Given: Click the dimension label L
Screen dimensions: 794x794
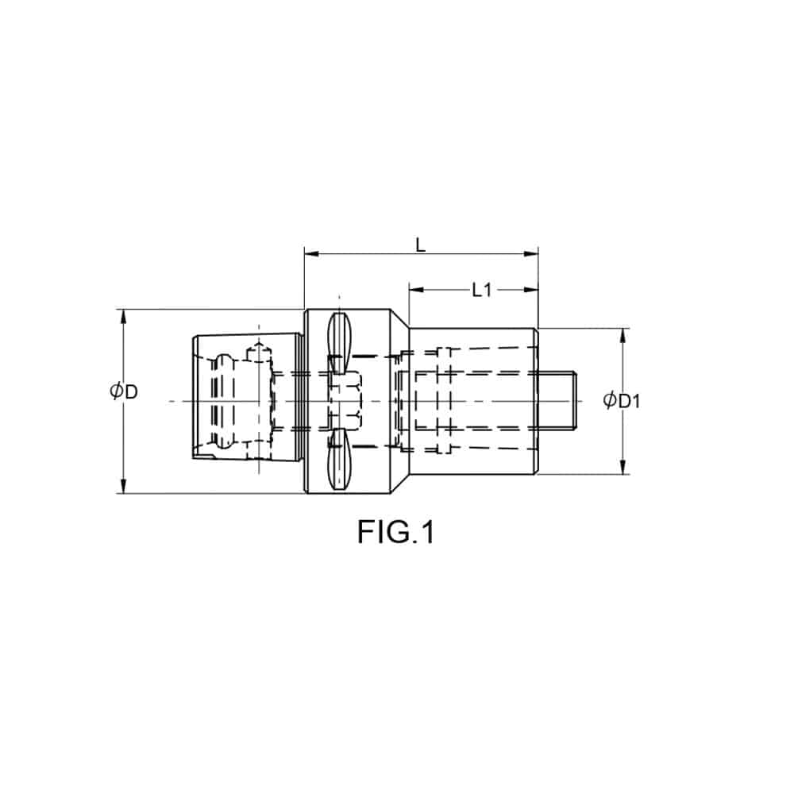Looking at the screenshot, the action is click(x=420, y=245).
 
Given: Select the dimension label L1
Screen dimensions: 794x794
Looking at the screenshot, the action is click(x=482, y=290).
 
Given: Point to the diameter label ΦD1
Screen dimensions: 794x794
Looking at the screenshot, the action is click(x=622, y=400).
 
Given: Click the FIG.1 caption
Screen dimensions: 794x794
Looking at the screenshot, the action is click(x=396, y=532).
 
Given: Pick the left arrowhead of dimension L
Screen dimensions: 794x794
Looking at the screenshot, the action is click(x=311, y=253).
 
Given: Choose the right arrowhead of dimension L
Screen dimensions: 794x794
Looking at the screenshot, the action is click(x=531, y=253).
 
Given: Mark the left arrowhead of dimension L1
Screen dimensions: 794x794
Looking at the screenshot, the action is click(x=416, y=290).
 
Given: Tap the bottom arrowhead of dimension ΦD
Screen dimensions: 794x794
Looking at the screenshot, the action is click(x=122, y=486).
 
